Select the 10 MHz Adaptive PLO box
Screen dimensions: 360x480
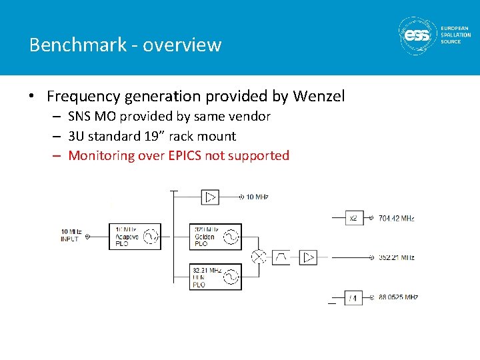click(135, 236)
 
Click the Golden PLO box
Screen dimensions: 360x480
click(215, 237)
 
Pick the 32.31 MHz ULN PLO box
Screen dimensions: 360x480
click(215, 277)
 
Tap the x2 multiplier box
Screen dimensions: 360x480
click(354, 218)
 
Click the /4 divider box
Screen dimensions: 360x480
click(354, 298)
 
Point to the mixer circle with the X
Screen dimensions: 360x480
click(259, 257)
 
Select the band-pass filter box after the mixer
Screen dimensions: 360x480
click(281, 257)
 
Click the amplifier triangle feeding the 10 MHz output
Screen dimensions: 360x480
click(210, 197)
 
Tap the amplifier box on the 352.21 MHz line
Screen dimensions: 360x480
click(308, 257)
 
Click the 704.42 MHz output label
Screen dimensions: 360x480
click(396, 218)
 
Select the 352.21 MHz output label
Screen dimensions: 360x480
click(396, 257)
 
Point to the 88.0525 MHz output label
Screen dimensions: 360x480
click(398, 298)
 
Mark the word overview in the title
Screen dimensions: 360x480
click(181, 45)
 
